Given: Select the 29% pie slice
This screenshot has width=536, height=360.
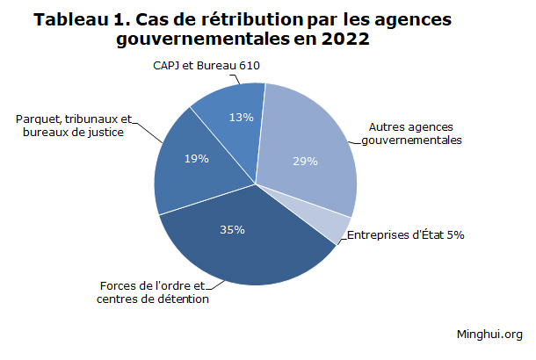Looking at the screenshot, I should coord(308,149).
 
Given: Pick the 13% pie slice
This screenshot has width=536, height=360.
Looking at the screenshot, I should coord(230,123).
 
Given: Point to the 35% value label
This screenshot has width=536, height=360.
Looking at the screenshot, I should coord(232,230).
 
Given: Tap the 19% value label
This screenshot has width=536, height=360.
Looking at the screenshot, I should coord(197,159).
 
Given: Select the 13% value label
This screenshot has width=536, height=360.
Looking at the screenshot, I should coord(242,117).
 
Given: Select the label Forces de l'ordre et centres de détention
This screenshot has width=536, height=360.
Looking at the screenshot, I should coord(153,293).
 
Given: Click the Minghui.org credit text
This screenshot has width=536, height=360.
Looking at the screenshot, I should coord(489,334).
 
